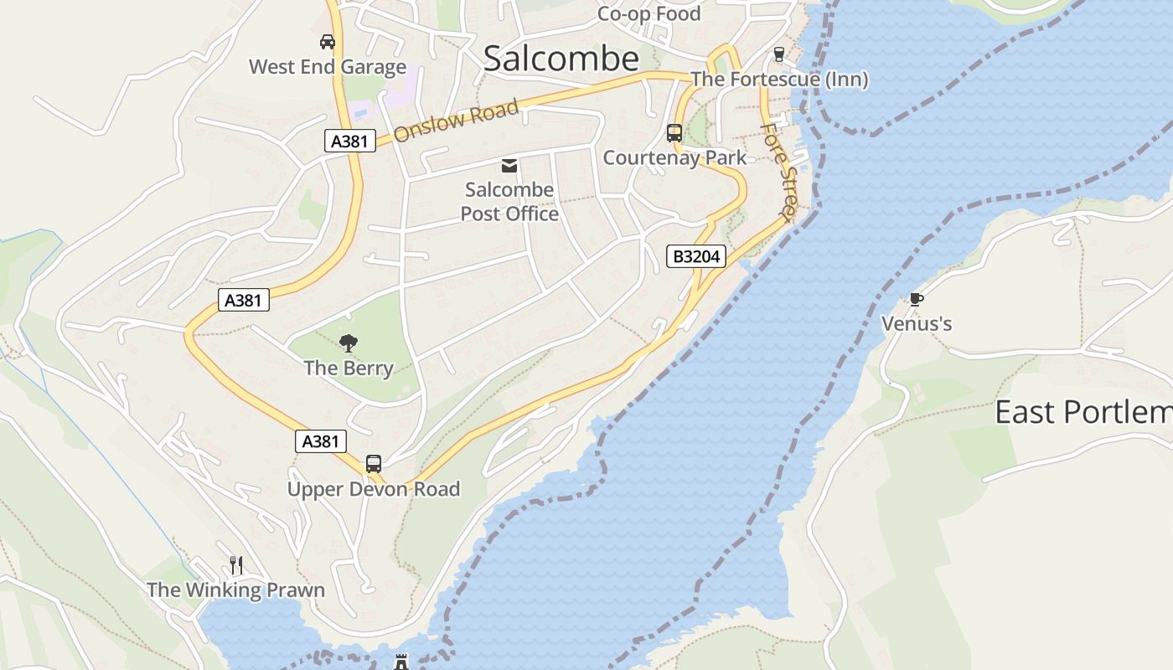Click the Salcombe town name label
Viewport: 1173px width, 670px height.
(561, 59)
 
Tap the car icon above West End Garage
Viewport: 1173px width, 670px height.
(328, 41)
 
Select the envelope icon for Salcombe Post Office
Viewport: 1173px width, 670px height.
(509, 165)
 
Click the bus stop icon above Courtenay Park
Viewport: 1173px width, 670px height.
(674, 132)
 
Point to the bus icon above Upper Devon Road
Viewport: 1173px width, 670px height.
(374, 463)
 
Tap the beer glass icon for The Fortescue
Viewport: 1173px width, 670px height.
(779, 54)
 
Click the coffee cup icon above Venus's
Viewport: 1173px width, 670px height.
(917, 299)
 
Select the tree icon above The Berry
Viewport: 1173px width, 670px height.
(348, 343)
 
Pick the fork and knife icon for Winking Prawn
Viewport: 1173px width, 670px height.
(236, 565)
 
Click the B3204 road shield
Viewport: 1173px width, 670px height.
(696, 256)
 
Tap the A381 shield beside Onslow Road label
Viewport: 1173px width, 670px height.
(349, 141)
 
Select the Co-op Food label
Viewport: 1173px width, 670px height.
(649, 14)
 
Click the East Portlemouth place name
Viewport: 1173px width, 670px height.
(1083, 412)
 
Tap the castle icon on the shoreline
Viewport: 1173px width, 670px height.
(401, 662)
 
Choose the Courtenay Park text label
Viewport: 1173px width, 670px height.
(674, 157)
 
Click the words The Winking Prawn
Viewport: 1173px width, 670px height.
(235, 590)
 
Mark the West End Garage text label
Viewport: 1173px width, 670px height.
(328, 67)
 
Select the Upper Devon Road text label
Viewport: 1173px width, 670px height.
(374, 489)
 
